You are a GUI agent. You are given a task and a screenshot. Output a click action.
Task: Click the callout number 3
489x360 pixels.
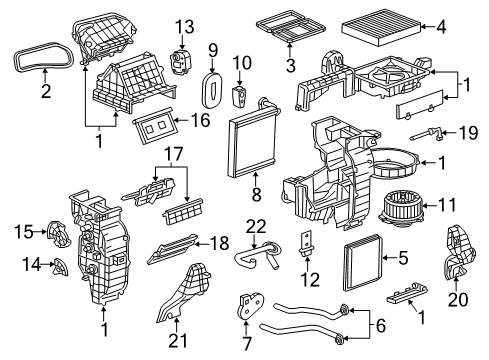[291, 66]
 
